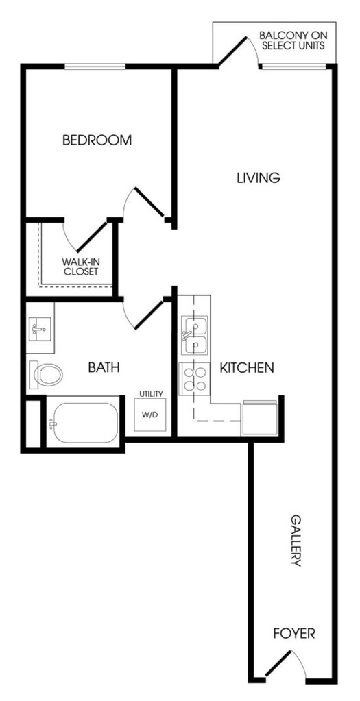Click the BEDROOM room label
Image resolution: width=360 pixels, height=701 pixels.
[97, 140]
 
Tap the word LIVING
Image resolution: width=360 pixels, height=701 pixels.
[259, 177]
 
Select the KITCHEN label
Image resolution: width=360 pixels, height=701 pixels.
[247, 368]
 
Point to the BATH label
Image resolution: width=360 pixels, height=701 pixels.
[104, 367]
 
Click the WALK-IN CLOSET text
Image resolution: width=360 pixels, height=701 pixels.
[80, 267]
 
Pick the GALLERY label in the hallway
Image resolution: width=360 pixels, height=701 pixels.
[296, 541]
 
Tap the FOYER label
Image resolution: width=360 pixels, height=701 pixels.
[294, 633]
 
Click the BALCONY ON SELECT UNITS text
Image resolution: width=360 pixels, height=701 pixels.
[293, 40]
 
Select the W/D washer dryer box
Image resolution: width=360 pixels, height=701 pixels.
[149, 415]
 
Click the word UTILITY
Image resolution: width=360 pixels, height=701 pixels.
[151, 394]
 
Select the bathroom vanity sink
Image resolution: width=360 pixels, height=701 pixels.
[40, 330]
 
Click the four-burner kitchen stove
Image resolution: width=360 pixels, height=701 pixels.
[194, 379]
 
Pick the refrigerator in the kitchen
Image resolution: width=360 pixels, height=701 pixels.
[259, 419]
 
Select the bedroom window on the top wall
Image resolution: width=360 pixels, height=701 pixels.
[95, 66]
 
